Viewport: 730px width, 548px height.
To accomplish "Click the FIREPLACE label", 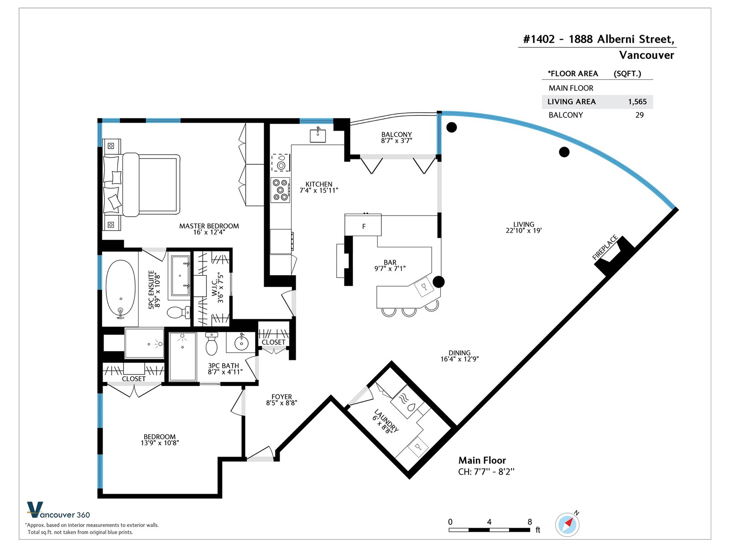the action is tap(605, 247).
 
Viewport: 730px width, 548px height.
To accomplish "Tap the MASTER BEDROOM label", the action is tap(209, 226).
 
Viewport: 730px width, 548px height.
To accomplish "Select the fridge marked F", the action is tap(363, 225).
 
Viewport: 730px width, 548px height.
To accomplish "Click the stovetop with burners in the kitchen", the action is tap(280, 190).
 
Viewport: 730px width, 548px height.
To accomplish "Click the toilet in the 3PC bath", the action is tap(212, 344).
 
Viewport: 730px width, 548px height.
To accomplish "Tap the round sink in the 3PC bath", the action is tap(241, 342).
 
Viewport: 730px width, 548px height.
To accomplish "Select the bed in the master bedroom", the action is tap(142, 184).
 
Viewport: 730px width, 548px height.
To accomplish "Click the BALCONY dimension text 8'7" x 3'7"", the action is tap(396, 141).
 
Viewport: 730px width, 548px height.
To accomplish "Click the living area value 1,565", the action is tap(637, 102).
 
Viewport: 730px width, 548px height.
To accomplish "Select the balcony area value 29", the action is tap(639, 115).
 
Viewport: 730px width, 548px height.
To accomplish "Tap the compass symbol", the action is tap(568, 525).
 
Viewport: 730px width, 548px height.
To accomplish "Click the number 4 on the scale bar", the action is tap(489, 522).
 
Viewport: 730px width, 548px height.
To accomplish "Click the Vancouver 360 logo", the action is tap(58, 510).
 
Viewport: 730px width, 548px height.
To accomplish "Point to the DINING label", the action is tap(459, 353).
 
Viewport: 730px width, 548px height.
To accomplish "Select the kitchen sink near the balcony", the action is tap(318, 136).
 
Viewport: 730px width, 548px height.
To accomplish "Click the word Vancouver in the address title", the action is tap(646, 55).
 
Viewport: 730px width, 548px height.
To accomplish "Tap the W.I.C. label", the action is tap(214, 288).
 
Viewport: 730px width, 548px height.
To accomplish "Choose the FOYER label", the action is tap(282, 397).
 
